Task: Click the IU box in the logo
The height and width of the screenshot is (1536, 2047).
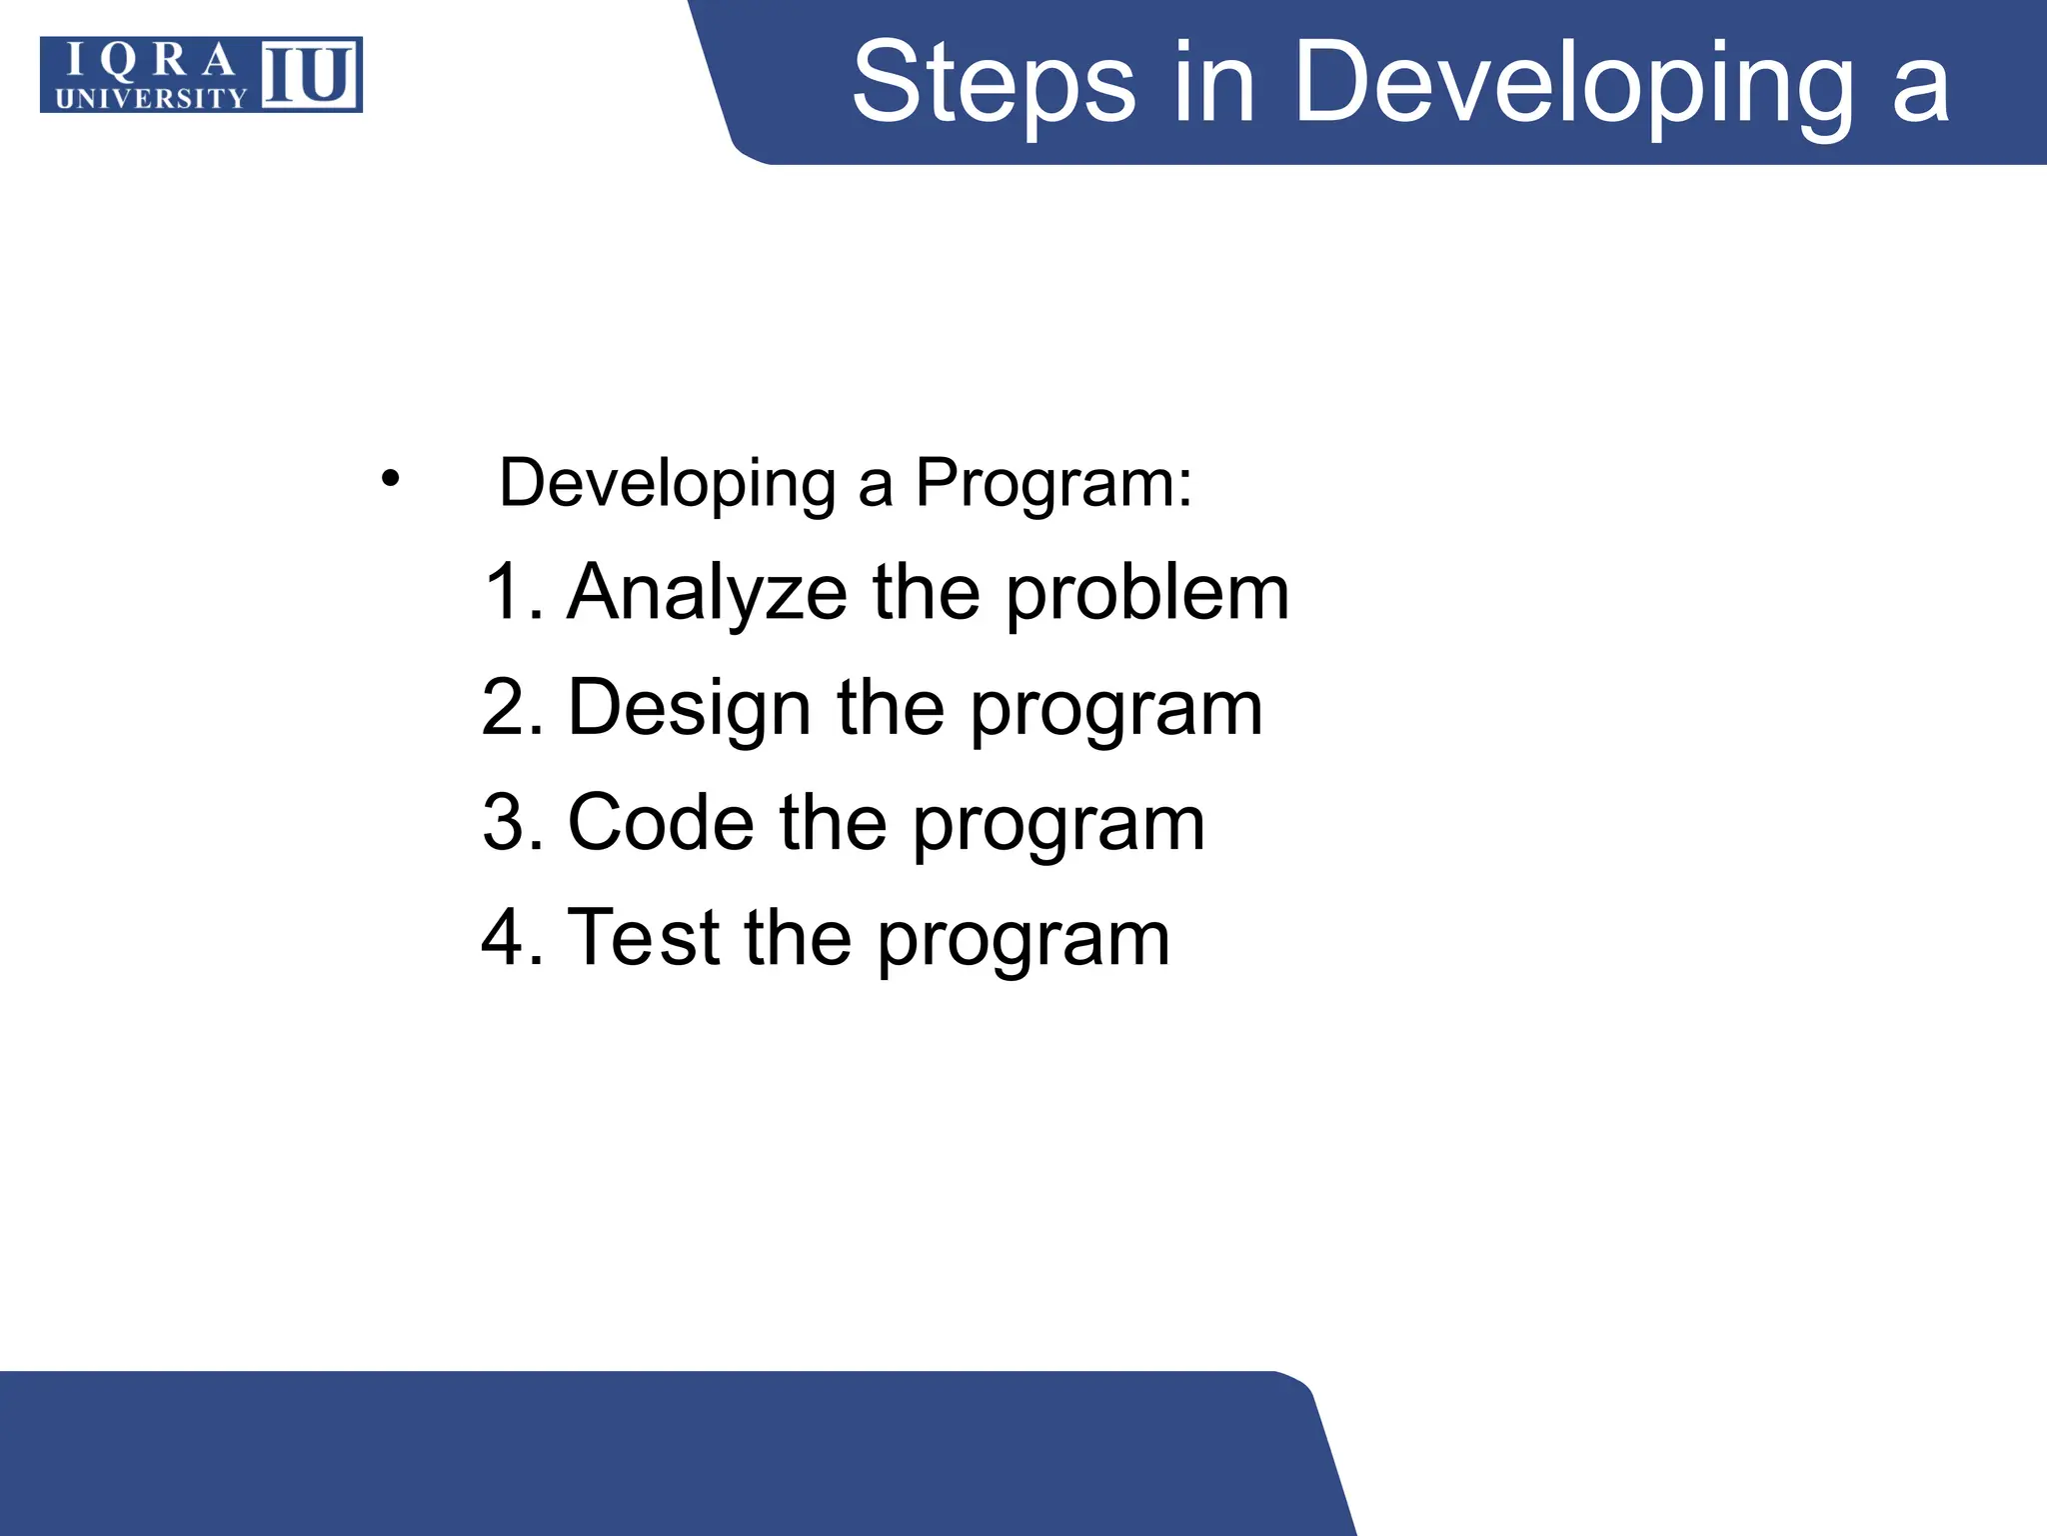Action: (311, 74)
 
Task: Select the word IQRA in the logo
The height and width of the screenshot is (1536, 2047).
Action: (150, 62)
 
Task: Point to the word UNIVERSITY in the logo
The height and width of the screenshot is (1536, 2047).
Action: (150, 98)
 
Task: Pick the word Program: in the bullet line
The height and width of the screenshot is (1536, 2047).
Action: (1054, 483)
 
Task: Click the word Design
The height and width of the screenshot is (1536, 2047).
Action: (689, 708)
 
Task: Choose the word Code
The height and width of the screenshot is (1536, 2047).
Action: (661, 823)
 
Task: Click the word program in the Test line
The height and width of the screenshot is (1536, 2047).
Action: (1023, 942)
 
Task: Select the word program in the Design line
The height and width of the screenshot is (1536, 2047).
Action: (1116, 712)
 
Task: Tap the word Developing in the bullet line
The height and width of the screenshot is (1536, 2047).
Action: (667, 483)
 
